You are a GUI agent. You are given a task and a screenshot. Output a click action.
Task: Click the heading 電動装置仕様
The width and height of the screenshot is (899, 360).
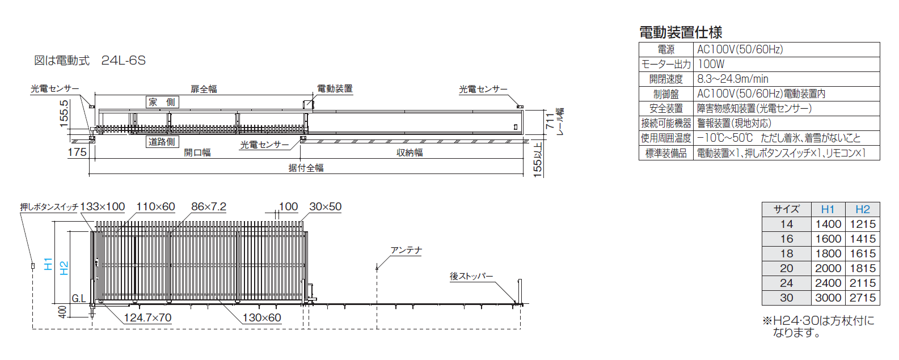(x=681, y=32)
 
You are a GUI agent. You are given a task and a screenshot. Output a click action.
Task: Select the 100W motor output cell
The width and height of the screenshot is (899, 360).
(x=711, y=64)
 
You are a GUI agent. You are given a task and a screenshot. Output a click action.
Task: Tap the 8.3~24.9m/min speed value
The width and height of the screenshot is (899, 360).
(x=733, y=79)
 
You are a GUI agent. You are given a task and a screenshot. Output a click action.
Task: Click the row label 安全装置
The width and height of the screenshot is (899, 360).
(x=666, y=108)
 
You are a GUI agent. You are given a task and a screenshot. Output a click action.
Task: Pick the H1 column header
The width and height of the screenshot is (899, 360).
(x=828, y=209)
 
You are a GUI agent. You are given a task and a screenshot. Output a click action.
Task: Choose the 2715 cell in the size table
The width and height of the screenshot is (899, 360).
(x=863, y=298)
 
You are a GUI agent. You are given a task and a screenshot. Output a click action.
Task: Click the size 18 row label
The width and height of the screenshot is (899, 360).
(x=787, y=253)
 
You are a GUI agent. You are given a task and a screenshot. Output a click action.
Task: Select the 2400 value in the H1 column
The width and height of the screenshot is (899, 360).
(x=828, y=283)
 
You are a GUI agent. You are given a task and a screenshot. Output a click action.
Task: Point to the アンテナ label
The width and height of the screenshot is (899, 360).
(x=406, y=251)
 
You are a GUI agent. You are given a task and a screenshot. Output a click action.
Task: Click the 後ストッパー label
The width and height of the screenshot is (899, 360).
(x=471, y=276)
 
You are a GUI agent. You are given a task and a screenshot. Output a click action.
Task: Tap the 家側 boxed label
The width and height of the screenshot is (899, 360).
(x=162, y=102)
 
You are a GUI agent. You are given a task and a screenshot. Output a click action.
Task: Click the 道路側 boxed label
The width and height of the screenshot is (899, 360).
(x=162, y=142)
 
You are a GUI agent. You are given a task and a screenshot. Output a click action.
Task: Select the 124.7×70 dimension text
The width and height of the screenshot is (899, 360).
(x=147, y=318)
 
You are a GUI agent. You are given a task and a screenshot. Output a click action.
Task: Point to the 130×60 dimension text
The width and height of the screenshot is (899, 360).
(x=261, y=318)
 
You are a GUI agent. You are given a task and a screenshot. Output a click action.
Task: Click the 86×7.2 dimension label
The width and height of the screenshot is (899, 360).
(x=209, y=207)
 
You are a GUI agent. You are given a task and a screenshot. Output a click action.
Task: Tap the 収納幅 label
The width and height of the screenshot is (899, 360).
(x=410, y=153)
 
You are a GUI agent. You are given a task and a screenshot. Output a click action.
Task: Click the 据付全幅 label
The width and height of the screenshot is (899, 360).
(x=306, y=168)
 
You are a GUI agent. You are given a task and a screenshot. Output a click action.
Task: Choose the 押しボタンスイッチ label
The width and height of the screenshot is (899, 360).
(x=49, y=207)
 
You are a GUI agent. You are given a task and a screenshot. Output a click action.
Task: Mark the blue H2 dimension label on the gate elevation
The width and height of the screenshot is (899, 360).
(x=64, y=268)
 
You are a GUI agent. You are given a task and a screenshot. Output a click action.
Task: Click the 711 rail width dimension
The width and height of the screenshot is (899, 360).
(x=550, y=120)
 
